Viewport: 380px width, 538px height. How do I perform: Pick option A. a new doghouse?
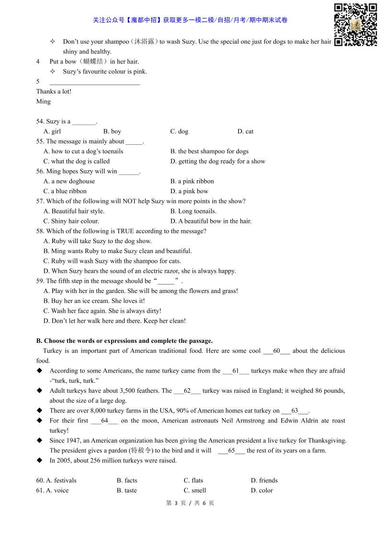[69, 181]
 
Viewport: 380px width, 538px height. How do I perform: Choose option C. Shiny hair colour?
[71, 221]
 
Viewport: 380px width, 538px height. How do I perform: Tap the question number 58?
[40, 231]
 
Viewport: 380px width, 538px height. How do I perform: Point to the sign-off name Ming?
[43, 102]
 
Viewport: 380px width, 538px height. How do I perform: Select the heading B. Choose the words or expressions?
[125, 341]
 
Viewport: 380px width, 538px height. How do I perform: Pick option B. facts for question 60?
[127, 480]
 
